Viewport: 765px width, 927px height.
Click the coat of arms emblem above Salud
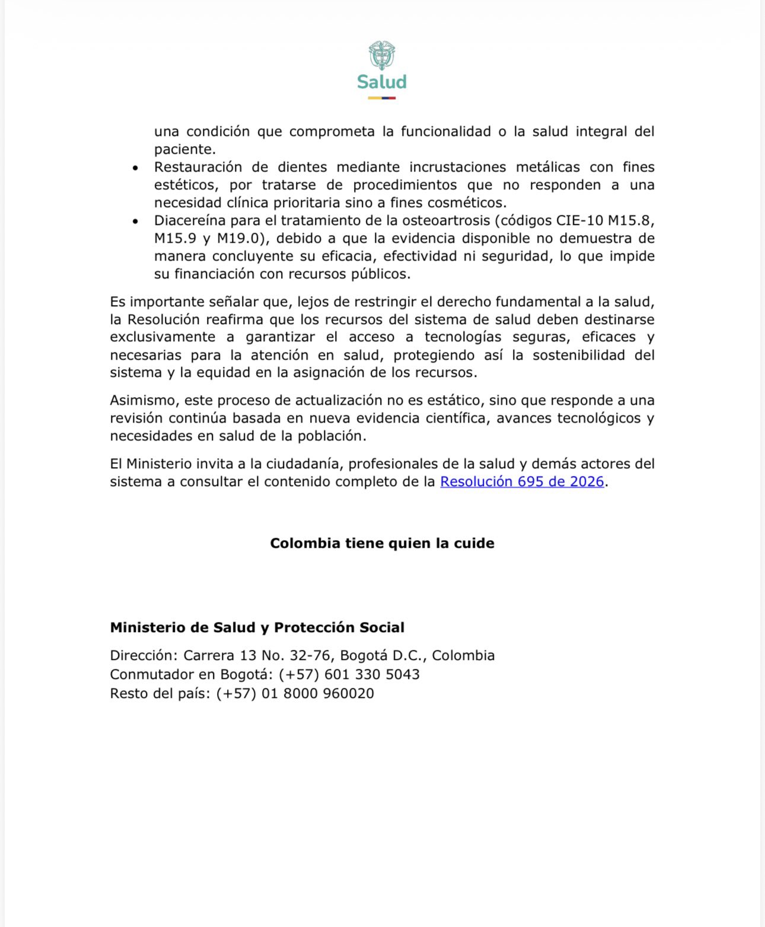point(382,55)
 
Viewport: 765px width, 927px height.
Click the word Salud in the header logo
point(382,82)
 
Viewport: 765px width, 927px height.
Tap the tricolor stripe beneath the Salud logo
point(382,98)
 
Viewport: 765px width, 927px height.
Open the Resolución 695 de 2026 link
point(522,482)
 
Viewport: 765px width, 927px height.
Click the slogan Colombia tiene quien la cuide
point(382,544)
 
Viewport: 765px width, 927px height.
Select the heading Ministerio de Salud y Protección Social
point(257,628)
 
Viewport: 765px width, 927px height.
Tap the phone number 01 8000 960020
point(318,694)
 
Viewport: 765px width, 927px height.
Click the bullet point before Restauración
point(136,169)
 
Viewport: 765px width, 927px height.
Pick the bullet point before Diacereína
point(136,221)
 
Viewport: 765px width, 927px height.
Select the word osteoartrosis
point(447,221)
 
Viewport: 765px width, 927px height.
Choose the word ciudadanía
point(303,464)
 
